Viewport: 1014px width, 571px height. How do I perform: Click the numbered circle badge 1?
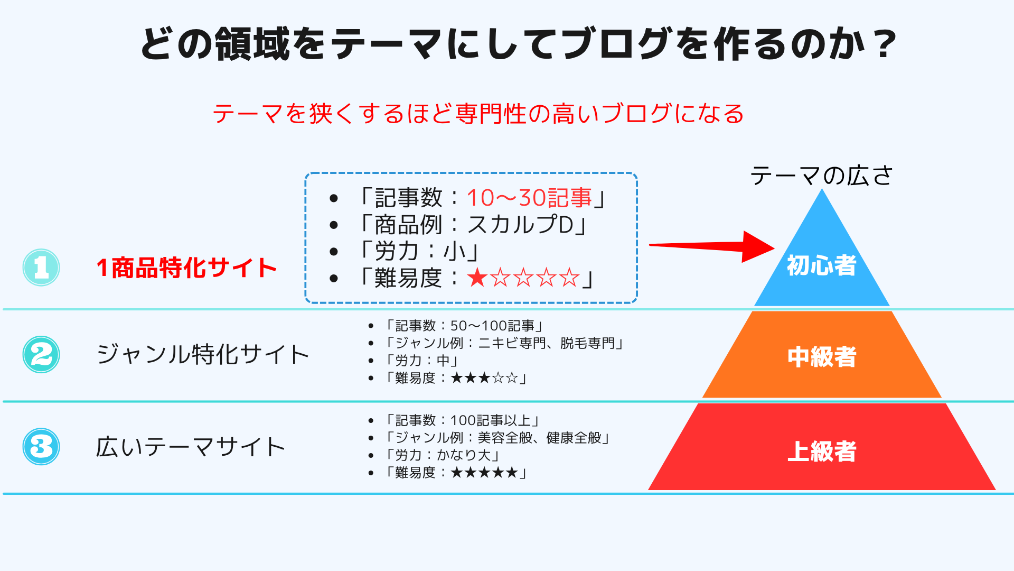(x=41, y=268)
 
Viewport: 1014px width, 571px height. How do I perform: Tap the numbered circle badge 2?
(x=41, y=354)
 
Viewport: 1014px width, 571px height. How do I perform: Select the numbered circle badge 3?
(x=41, y=447)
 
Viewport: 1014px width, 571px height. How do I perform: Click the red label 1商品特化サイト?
(x=186, y=268)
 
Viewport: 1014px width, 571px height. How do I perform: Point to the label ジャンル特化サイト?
(x=203, y=354)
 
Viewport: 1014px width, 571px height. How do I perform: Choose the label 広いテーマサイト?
(x=191, y=447)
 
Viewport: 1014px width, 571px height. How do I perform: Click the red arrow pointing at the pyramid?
(x=711, y=246)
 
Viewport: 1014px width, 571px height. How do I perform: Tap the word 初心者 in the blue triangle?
(x=822, y=265)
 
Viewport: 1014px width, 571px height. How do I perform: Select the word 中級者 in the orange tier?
(x=822, y=357)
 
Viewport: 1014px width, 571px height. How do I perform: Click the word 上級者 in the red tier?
(x=822, y=452)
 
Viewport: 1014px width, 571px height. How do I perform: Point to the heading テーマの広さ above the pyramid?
(x=821, y=176)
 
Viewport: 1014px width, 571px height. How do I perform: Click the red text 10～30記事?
(x=529, y=198)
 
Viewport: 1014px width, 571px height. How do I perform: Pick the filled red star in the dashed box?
(x=477, y=278)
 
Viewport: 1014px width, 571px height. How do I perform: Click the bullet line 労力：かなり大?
(x=443, y=455)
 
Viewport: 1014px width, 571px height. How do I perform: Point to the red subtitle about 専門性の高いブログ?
(x=478, y=114)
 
